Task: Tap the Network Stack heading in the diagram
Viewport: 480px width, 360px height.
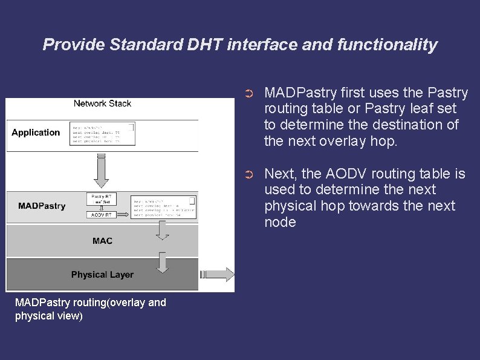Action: pyautogui.click(x=102, y=103)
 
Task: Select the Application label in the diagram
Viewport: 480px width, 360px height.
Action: pyautogui.click(x=36, y=133)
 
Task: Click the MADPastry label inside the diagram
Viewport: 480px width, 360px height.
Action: pyautogui.click(x=42, y=206)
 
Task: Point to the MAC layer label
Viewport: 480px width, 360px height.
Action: pyautogui.click(x=102, y=241)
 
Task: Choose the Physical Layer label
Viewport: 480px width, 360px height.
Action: pyautogui.click(x=102, y=275)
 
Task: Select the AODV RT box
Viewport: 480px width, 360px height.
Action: pyautogui.click(x=102, y=215)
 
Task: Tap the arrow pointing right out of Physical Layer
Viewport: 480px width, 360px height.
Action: pyautogui.click(x=221, y=275)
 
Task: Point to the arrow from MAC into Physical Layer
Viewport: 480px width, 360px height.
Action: pyautogui.click(x=162, y=262)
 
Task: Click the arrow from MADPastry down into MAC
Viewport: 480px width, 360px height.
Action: pyautogui.click(x=162, y=229)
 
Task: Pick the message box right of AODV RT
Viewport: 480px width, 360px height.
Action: pyautogui.click(x=164, y=207)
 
